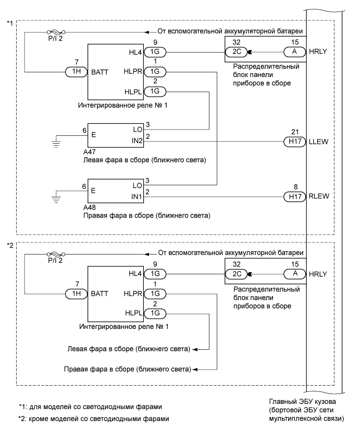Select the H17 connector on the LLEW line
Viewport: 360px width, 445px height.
tap(294, 141)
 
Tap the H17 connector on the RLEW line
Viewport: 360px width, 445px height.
tap(294, 196)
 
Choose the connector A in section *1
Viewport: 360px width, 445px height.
tap(294, 52)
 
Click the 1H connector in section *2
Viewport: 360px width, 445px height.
tap(77, 293)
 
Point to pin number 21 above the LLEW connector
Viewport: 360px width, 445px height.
tap(294, 132)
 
